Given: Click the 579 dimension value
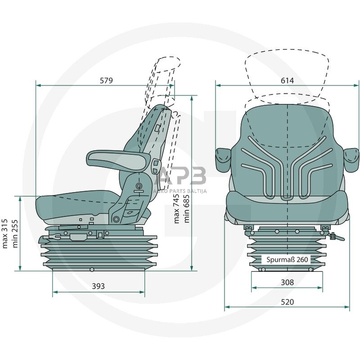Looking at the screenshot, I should click(x=106, y=81).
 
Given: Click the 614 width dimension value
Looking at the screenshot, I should click(x=287, y=81).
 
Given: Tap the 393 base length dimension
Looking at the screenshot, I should click(x=98, y=286).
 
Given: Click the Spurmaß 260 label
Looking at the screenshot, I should click(x=287, y=260).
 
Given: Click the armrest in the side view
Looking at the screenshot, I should click(x=118, y=159).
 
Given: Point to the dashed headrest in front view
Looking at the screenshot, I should click(x=287, y=74).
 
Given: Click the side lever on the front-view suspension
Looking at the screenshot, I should click(x=335, y=236).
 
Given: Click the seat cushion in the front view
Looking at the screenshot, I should click(x=287, y=205).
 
